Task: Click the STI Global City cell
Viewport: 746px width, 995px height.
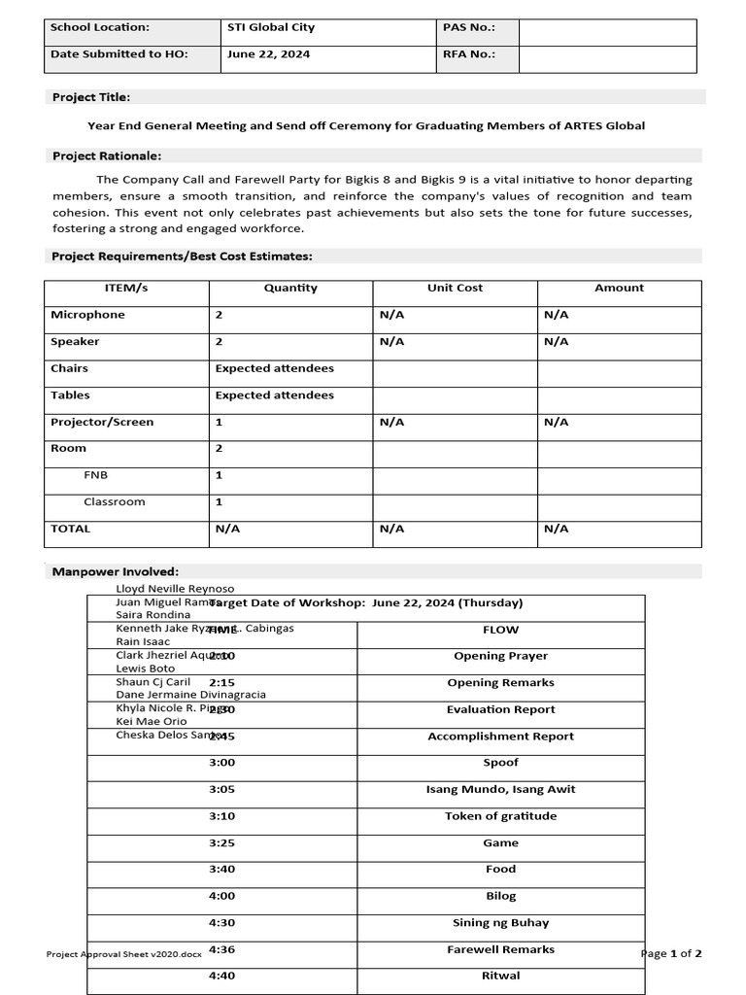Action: point(271,28)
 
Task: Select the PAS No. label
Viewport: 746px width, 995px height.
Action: point(468,28)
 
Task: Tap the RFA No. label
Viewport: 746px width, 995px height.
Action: point(468,54)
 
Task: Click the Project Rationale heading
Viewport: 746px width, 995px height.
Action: point(107,155)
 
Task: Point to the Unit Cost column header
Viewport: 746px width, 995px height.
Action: point(455,288)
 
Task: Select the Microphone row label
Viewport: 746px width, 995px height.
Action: point(88,315)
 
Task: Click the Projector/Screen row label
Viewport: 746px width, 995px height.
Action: point(102,422)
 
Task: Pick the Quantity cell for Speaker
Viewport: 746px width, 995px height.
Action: point(220,341)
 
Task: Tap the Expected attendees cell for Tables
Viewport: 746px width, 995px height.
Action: point(274,395)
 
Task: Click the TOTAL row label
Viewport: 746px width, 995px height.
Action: point(70,529)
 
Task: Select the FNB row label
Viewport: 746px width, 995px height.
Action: point(96,475)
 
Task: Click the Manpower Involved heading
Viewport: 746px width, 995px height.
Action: point(115,572)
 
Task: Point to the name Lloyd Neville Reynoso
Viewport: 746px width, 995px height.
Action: point(175,589)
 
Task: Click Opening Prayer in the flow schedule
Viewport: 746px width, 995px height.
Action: point(500,656)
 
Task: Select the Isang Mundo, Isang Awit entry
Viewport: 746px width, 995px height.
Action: point(500,789)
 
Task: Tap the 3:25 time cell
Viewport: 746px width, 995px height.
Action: point(221,842)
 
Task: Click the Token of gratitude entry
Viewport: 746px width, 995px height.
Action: point(500,816)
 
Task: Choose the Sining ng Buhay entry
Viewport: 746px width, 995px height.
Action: point(500,923)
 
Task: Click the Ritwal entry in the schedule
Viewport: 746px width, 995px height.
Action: point(500,976)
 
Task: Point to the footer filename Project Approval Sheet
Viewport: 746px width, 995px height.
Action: point(124,954)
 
